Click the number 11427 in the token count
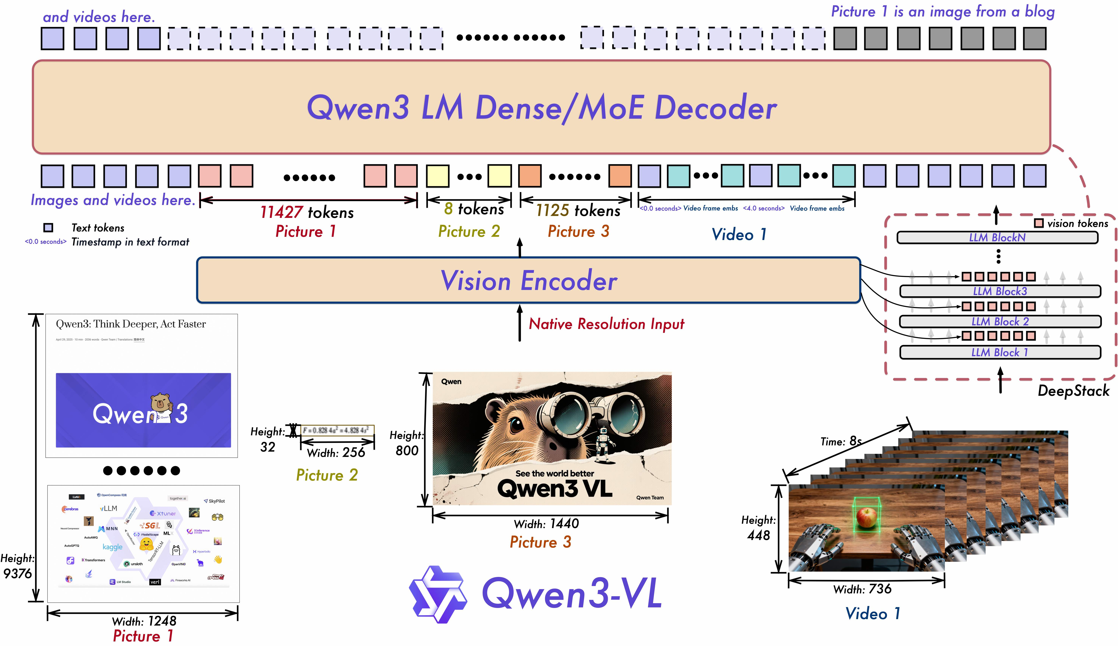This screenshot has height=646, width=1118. pos(281,213)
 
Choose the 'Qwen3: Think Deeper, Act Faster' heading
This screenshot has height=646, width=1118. pos(131,324)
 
